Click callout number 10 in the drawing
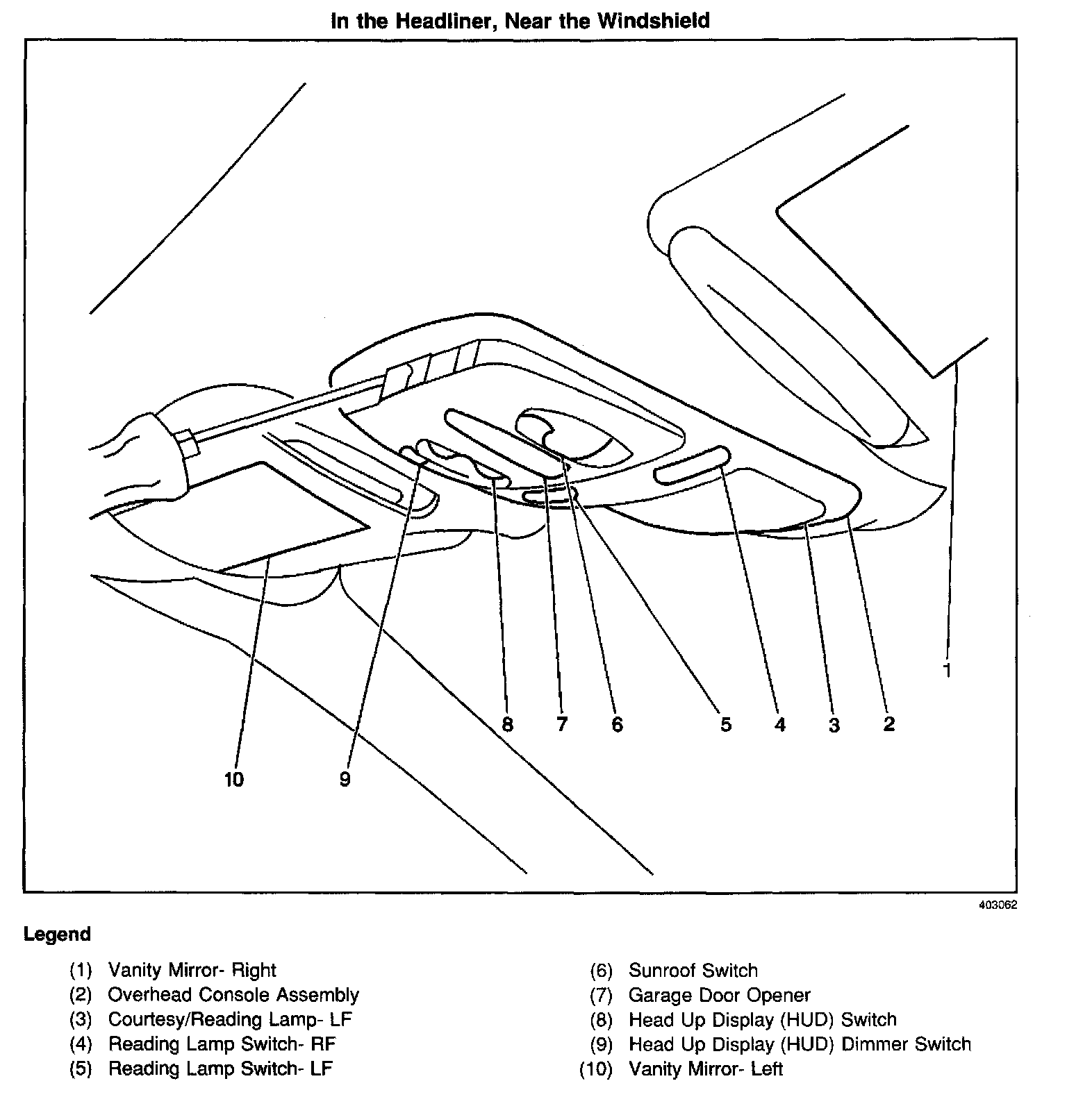tap(234, 780)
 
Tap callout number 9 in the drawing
tap(345, 780)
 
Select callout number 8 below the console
tap(507, 725)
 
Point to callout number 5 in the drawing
tap(726, 725)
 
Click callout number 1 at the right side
tap(947, 670)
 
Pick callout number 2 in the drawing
tap(889, 725)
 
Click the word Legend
tap(57, 935)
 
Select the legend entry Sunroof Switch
tap(693, 971)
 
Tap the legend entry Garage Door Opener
tap(719, 996)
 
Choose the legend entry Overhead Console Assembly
tap(233, 995)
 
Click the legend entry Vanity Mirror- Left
tap(705, 1069)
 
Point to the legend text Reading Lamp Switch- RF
tap(222, 1044)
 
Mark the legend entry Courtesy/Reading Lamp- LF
tap(230, 1020)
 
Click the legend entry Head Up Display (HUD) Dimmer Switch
tap(800, 1044)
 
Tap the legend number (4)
tap(81, 1044)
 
